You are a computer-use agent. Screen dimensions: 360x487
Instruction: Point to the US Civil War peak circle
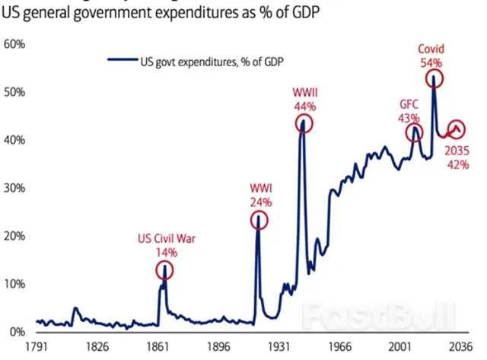164,269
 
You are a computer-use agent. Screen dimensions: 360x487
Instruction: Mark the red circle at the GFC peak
415,133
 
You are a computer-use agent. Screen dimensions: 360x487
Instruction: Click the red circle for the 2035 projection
457,129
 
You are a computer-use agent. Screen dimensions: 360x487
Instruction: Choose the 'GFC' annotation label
410,104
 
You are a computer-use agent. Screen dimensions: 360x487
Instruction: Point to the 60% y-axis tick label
15,44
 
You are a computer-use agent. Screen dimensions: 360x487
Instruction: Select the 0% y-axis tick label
17,332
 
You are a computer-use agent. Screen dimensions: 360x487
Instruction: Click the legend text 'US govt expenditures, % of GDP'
206,61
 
